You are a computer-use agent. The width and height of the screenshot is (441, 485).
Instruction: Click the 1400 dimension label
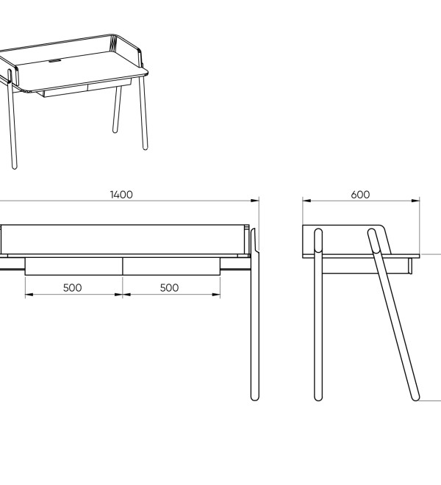(121, 195)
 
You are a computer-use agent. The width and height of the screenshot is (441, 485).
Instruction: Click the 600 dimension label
(360, 195)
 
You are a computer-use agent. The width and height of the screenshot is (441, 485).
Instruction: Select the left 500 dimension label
(73, 288)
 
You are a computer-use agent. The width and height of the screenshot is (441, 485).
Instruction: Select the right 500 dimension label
(169, 288)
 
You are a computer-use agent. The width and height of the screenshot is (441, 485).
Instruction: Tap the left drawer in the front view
(73, 266)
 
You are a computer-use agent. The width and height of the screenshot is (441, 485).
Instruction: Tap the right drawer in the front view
(171, 266)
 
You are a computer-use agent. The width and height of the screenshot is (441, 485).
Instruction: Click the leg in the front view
(255, 315)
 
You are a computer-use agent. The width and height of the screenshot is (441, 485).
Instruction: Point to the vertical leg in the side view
(318, 315)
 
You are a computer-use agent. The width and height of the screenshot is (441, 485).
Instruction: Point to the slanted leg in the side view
(394, 315)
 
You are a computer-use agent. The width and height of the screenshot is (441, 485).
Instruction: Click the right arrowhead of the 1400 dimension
(255, 201)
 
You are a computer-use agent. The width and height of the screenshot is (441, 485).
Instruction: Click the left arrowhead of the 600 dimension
(306, 201)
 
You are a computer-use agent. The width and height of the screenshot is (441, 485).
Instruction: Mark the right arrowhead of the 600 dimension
(416, 201)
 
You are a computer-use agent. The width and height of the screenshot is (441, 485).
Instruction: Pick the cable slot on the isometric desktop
(55, 60)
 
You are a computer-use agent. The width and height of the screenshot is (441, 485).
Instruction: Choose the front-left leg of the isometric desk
(12, 119)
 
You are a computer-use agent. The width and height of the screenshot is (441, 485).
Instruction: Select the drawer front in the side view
(410, 266)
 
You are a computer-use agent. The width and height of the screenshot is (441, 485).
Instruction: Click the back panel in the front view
(123, 240)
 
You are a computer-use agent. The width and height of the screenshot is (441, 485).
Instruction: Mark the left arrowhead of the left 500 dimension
(29, 295)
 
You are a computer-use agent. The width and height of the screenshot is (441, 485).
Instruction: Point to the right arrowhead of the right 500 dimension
(216, 295)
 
